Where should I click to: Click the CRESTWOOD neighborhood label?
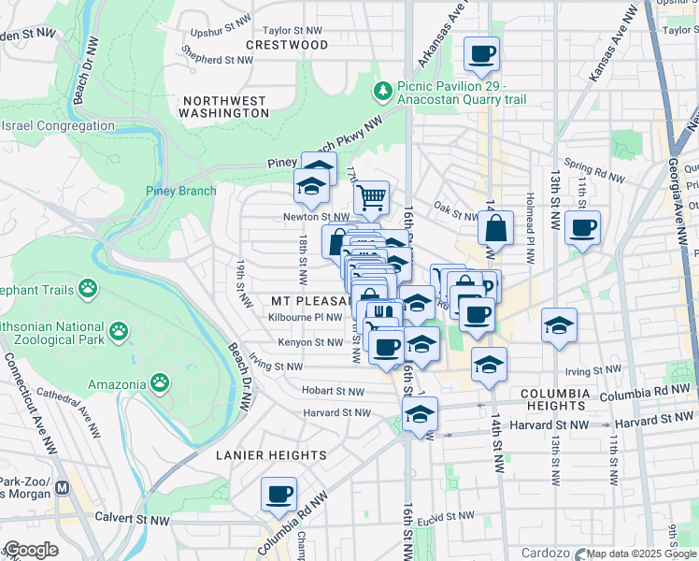[287, 45]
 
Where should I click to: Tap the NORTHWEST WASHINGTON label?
[225, 107]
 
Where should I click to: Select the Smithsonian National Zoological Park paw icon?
[119, 330]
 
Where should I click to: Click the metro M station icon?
[63, 487]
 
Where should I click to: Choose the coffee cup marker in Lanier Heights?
[278, 494]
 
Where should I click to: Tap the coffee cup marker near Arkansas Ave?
[481, 53]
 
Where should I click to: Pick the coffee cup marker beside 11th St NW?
[582, 227]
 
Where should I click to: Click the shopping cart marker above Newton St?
[371, 197]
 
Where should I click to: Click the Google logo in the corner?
[31, 550]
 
